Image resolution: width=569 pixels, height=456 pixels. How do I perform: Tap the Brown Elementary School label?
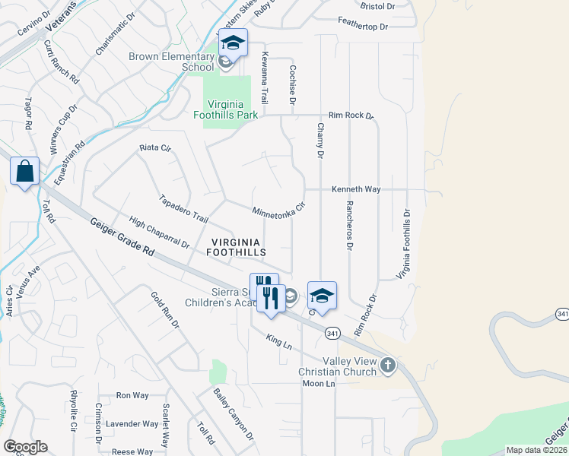tap(171, 62)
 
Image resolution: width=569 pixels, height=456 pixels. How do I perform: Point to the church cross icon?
tap(388, 366)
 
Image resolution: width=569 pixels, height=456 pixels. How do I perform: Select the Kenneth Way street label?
tap(355, 189)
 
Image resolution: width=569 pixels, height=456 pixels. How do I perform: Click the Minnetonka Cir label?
tap(278, 210)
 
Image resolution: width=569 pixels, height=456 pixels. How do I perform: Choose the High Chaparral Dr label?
tap(159, 233)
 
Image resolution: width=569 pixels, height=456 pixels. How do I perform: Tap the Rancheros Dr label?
tap(350, 226)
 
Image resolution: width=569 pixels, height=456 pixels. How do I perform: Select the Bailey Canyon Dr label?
tap(233, 414)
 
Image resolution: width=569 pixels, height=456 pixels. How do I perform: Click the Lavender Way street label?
tap(132, 424)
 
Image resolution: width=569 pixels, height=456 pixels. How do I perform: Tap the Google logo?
tap(25, 447)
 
